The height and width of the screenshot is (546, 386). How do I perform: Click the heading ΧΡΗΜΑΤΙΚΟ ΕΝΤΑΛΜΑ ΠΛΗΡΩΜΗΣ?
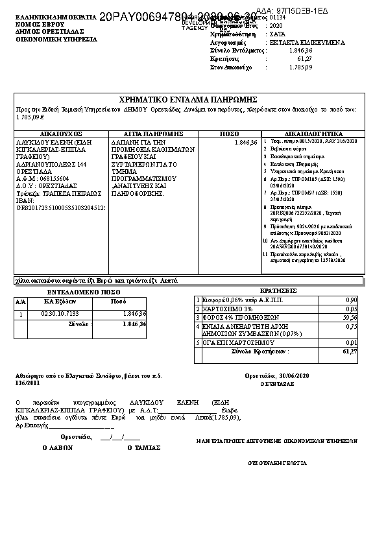(x=189, y=99)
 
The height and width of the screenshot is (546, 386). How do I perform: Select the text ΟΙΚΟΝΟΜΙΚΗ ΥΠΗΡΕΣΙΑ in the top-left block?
(x=56, y=39)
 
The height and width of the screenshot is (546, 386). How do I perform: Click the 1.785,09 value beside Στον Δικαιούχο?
(x=300, y=67)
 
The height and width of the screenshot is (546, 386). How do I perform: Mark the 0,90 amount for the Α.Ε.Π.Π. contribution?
(x=352, y=300)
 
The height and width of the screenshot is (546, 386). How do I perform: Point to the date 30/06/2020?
(x=293, y=375)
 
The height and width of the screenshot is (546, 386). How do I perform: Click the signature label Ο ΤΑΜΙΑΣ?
(x=143, y=447)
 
